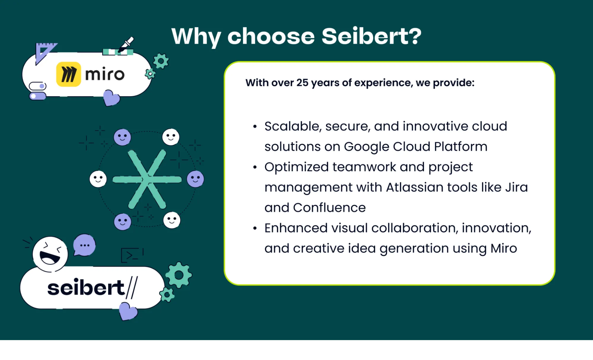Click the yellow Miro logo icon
(x=69, y=74)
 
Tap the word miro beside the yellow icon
(x=105, y=74)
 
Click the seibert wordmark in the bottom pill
(x=86, y=287)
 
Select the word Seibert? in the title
(x=371, y=37)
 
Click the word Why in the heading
(x=196, y=37)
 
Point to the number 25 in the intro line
(x=302, y=83)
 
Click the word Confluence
(x=329, y=208)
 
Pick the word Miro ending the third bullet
(x=503, y=248)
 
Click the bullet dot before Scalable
(x=255, y=127)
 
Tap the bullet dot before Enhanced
(x=255, y=228)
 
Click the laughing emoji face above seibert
(x=50, y=254)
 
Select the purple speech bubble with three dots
(x=85, y=245)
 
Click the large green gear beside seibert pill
(x=179, y=275)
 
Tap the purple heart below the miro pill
(x=111, y=98)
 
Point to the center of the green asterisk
(x=147, y=179)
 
